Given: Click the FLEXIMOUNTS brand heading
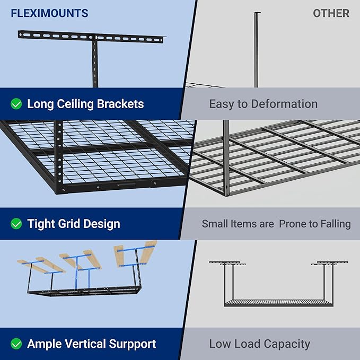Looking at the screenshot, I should [49, 13].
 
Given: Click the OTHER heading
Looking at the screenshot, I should [331, 13].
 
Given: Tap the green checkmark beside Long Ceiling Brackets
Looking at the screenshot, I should [16, 104].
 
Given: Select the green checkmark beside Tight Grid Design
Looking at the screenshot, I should [16, 224].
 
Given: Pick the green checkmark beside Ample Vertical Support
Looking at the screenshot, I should [16, 344].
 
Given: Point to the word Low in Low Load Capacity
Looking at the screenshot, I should [220, 344].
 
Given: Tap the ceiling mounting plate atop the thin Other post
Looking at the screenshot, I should [257, 13].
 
